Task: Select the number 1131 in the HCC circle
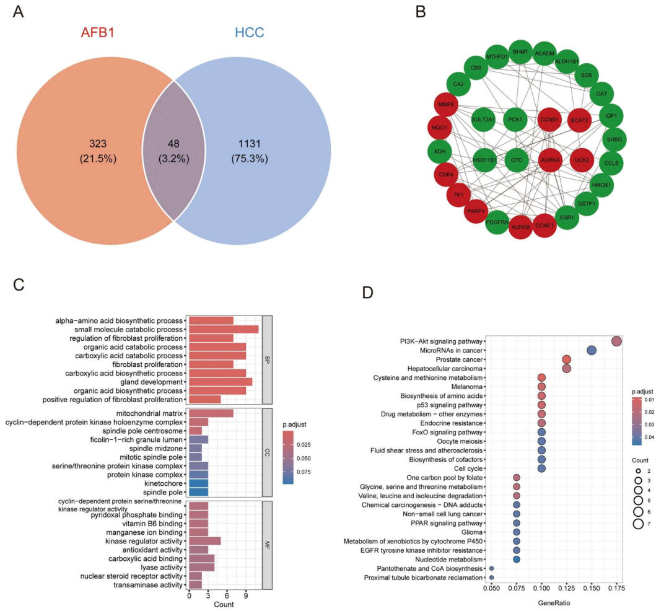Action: (x=250, y=144)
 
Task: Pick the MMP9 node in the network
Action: (x=445, y=105)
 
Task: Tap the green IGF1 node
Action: (x=612, y=116)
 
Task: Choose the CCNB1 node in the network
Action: (x=549, y=118)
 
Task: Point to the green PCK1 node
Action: (x=515, y=118)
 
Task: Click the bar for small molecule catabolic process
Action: (x=224, y=329)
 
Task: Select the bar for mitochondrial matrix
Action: (x=211, y=413)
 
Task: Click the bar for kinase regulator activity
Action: (x=204, y=541)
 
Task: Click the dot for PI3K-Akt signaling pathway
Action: (x=616, y=341)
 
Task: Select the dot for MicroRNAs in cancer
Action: (x=591, y=351)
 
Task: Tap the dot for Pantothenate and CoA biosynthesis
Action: (x=492, y=568)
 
